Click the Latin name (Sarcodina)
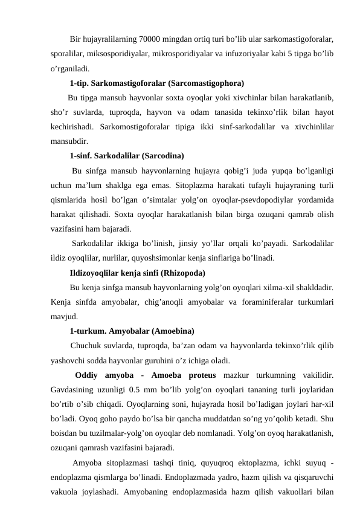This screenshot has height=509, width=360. point(160,155)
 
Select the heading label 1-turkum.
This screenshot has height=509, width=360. point(89,331)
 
